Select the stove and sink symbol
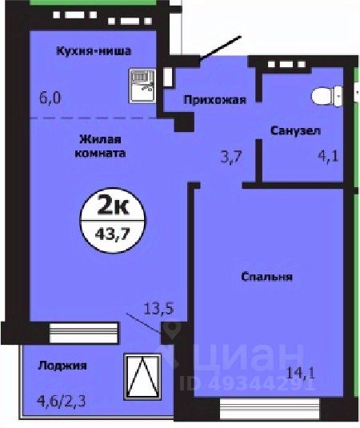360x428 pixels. [x=142, y=82]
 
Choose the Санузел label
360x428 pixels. [x=296, y=130]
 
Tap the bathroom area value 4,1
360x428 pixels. [x=329, y=158]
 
